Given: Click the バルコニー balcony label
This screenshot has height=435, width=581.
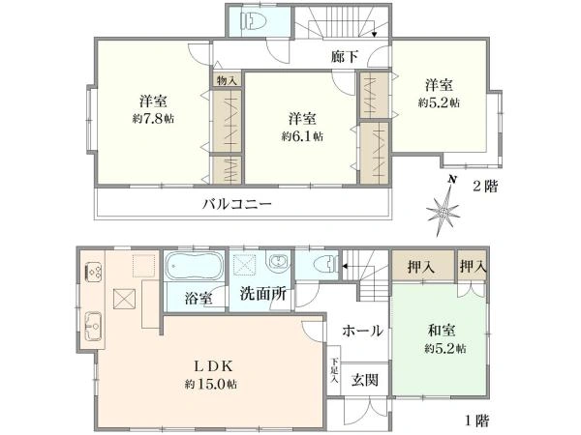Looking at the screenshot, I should coord(236,204).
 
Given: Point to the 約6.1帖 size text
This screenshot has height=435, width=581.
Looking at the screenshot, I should coord(302,136).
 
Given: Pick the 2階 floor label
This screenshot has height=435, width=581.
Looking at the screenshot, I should coord(485,187).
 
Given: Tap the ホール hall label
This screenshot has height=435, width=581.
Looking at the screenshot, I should coord(363,331).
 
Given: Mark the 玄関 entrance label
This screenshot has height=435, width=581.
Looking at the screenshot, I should coord(364,379).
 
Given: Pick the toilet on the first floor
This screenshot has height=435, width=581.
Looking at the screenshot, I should coord(323,262).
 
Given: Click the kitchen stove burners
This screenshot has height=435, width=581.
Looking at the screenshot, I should coord(94,274).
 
